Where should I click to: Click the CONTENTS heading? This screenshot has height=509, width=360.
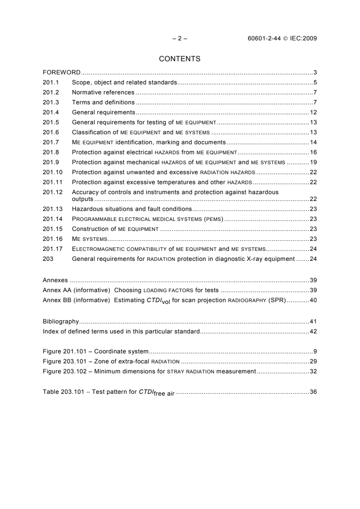pyautogui.click(x=179, y=59)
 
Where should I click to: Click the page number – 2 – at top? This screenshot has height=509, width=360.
pyautogui.click(x=179, y=38)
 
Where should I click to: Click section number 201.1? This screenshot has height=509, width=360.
pyautogui.click(x=50, y=83)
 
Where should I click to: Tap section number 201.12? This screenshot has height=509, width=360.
pyautogui.click(x=52, y=191)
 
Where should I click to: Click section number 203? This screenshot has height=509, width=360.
pyautogui.click(x=48, y=259)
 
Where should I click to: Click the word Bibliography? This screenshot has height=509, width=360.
pyautogui.click(x=61, y=321)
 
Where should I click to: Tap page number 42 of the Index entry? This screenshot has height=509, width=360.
pyautogui.click(x=313, y=331)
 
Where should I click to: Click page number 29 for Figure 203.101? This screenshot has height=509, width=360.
pyautogui.click(x=313, y=362)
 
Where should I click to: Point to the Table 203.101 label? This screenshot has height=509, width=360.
pyautogui.click(x=64, y=392)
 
